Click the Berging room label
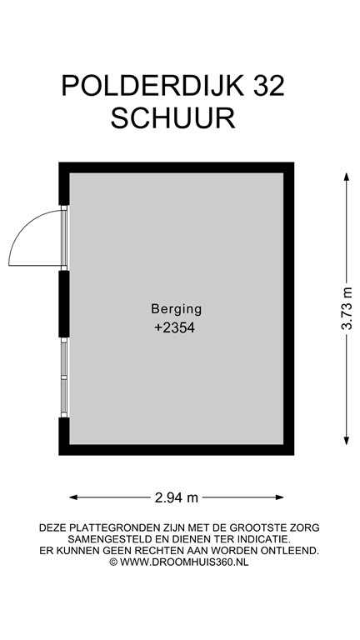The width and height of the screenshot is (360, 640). pyautogui.click(x=176, y=308)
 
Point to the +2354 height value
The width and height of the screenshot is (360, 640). pyautogui.click(x=176, y=328)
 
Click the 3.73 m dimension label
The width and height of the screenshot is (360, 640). pyautogui.click(x=347, y=309)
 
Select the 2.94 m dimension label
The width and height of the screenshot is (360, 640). pyautogui.click(x=177, y=498)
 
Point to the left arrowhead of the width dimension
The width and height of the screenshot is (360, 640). pyautogui.click(x=72, y=498)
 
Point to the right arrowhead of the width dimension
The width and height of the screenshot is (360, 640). pyautogui.click(x=282, y=498)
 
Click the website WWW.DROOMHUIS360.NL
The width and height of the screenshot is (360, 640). pyautogui.click(x=185, y=562)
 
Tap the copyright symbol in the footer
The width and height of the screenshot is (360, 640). pyautogui.click(x=114, y=562)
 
